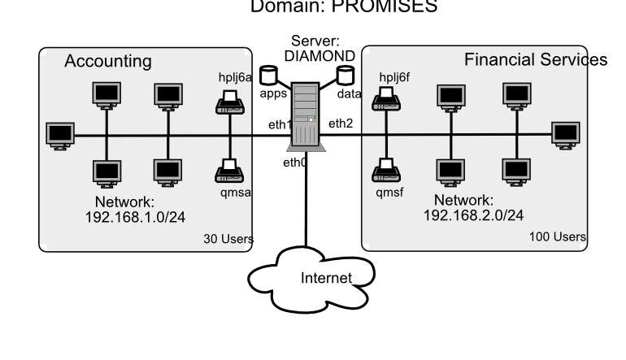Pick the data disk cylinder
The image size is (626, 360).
point(346,76)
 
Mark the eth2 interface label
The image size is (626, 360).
point(339,124)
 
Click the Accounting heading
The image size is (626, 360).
point(107,62)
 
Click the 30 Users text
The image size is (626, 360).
point(228,239)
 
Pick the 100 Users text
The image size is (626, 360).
point(558,236)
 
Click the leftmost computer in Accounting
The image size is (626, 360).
point(59,133)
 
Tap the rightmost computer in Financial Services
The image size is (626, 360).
point(563,132)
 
